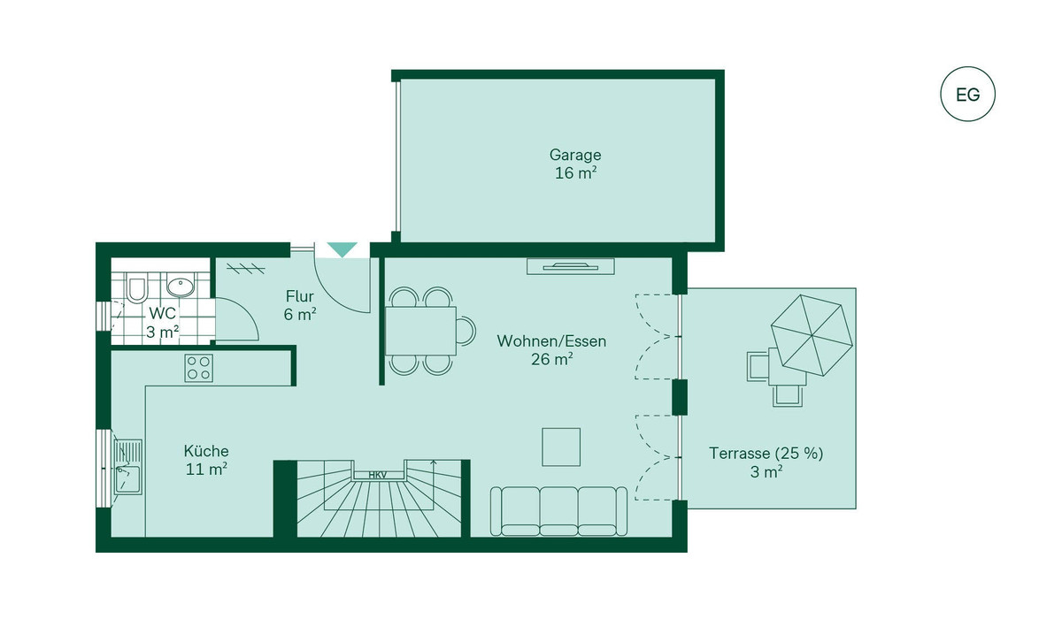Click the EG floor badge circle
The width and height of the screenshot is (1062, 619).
coord(967,67)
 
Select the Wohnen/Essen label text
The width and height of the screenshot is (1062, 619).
coord(551,341)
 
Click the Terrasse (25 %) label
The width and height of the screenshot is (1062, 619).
coord(766,454)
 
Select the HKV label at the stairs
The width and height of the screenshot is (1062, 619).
coord(378,475)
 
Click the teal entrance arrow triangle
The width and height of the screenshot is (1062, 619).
coord(342,249)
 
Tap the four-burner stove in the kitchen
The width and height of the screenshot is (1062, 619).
coord(198,368)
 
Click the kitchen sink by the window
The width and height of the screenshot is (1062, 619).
coord(127,467)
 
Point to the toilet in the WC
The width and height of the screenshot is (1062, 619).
coord(136,287)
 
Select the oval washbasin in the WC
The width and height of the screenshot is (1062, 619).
coord(181,285)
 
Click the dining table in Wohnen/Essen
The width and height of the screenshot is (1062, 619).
coord(420,331)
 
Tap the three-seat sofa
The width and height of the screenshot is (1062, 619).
coord(558,511)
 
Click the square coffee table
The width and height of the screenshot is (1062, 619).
coord(561,447)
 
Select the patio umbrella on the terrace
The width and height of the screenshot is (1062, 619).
coord(812,335)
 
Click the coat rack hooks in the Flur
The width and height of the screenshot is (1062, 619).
coord(246,269)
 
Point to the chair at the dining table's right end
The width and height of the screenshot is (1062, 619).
coord(466,330)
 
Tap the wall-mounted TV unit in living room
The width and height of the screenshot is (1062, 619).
coord(571,267)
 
